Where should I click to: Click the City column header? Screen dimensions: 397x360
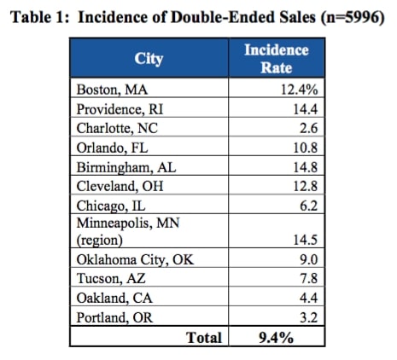pyautogui.click(x=149, y=59)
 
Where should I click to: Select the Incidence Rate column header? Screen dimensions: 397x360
pyautogui.click(x=277, y=59)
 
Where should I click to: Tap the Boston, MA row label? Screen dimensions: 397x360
pyautogui.click(x=112, y=90)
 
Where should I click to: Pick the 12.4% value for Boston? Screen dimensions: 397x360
pyautogui.click(x=300, y=90)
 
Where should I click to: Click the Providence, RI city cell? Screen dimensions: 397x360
pyautogui.click(x=120, y=109)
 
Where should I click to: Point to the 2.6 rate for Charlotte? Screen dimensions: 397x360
pyautogui.click(x=308, y=128)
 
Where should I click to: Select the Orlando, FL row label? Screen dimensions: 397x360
pyautogui.click(x=112, y=148)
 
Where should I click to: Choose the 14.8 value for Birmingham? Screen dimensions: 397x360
pyautogui.click(x=306, y=167)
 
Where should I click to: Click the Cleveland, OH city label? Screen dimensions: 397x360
pyautogui.click(x=120, y=186)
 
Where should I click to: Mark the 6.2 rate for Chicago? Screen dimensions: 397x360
pyautogui.click(x=309, y=206)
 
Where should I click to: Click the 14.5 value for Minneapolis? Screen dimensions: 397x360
pyautogui.click(x=306, y=240)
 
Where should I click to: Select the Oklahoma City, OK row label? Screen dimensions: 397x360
pyautogui.click(x=135, y=259)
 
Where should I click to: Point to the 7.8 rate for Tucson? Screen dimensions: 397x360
pyautogui.click(x=309, y=278)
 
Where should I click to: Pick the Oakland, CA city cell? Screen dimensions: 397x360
pyautogui.click(x=114, y=298)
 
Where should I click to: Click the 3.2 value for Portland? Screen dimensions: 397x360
pyautogui.click(x=309, y=317)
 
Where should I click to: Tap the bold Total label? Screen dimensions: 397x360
pyautogui.click(x=204, y=338)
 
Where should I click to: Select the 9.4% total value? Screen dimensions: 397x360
pyautogui.click(x=276, y=338)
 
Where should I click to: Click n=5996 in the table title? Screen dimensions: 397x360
pyautogui.click(x=353, y=17)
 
